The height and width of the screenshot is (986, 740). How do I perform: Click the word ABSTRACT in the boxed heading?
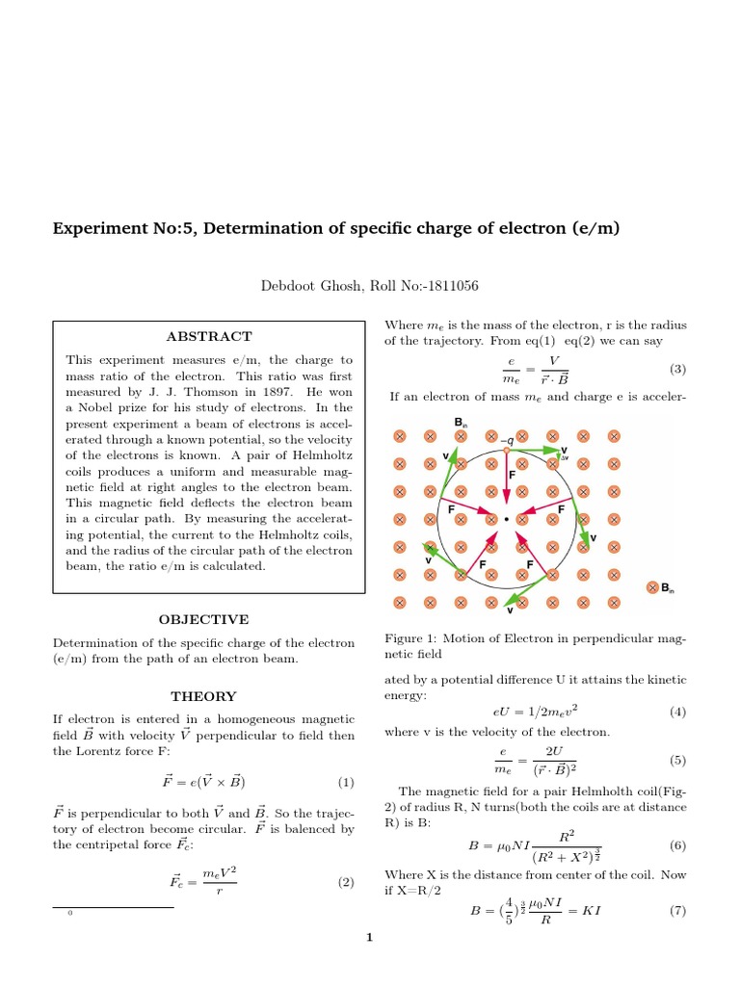209,336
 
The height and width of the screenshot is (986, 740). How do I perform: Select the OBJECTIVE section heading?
209,619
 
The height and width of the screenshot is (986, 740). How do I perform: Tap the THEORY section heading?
203,696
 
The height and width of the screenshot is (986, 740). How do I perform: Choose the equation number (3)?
677,370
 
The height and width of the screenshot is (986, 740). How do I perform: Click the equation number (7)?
677,911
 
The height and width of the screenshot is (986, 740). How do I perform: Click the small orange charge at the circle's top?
506,450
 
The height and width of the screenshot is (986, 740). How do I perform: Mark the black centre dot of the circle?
506,520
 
